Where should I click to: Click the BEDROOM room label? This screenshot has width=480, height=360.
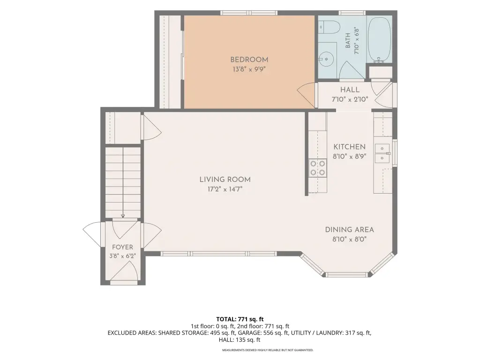coord(249,60)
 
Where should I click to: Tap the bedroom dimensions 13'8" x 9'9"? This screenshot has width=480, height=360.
coord(249,69)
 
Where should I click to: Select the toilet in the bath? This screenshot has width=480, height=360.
coord(329,28)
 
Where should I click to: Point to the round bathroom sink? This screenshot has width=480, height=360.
coord(326,59)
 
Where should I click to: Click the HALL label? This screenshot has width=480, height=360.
coord(350,90)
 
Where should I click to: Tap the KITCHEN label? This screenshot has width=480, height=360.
coord(350,147)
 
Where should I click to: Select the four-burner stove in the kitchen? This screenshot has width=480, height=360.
coord(317,168)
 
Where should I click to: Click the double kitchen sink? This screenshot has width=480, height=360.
coord(382,153)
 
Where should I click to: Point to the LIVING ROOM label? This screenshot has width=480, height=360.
coord(225,180)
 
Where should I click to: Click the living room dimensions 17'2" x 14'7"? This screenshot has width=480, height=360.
coord(225,189)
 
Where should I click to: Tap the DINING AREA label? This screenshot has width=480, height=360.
coord(350,230)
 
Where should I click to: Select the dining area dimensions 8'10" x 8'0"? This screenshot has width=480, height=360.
coord(350,239)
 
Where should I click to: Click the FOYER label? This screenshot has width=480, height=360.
coord(122,247)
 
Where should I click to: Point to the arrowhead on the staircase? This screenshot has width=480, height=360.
coord(123,216)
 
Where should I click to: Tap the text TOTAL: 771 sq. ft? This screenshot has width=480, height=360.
coord(240,319)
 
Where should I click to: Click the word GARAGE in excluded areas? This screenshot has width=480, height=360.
coord(250,333)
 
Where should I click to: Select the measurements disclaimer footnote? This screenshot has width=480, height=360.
coord(268,350)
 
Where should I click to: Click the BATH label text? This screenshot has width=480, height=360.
coord(348,41)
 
